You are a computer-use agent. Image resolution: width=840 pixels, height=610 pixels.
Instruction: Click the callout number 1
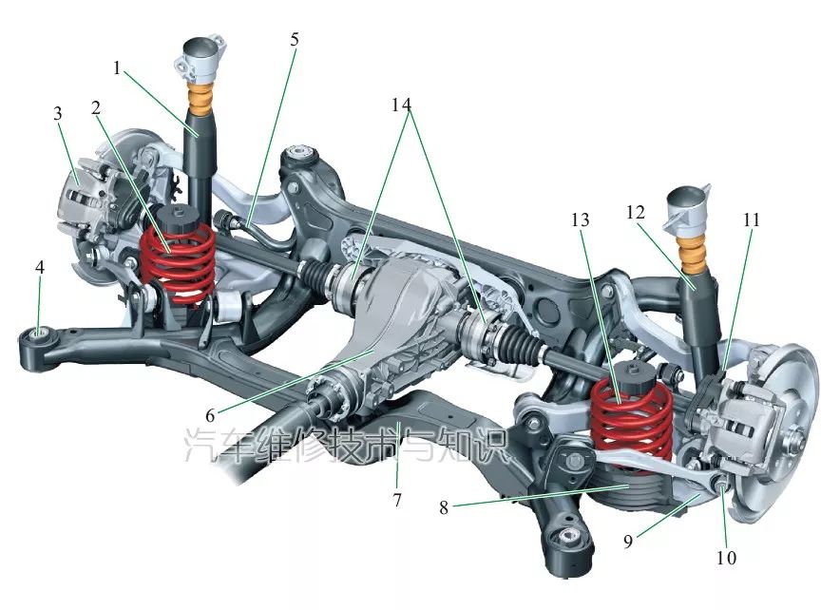[x=117, y=68]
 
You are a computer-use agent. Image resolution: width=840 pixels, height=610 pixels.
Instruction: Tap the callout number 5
[x=295, y=39]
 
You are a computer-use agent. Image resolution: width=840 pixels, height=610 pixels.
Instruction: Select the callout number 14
[x=401, y=105]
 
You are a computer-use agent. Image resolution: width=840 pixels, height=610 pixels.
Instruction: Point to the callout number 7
[x=397, y=500]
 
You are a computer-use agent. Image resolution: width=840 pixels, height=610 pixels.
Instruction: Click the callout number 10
[x=726, y=558]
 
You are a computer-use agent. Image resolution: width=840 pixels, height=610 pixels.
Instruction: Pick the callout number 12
[x=636, y=213]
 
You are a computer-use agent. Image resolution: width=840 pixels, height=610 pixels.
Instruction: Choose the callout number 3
[x=57, y=113]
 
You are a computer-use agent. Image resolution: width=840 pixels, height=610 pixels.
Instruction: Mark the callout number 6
[x=210, y=414]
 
